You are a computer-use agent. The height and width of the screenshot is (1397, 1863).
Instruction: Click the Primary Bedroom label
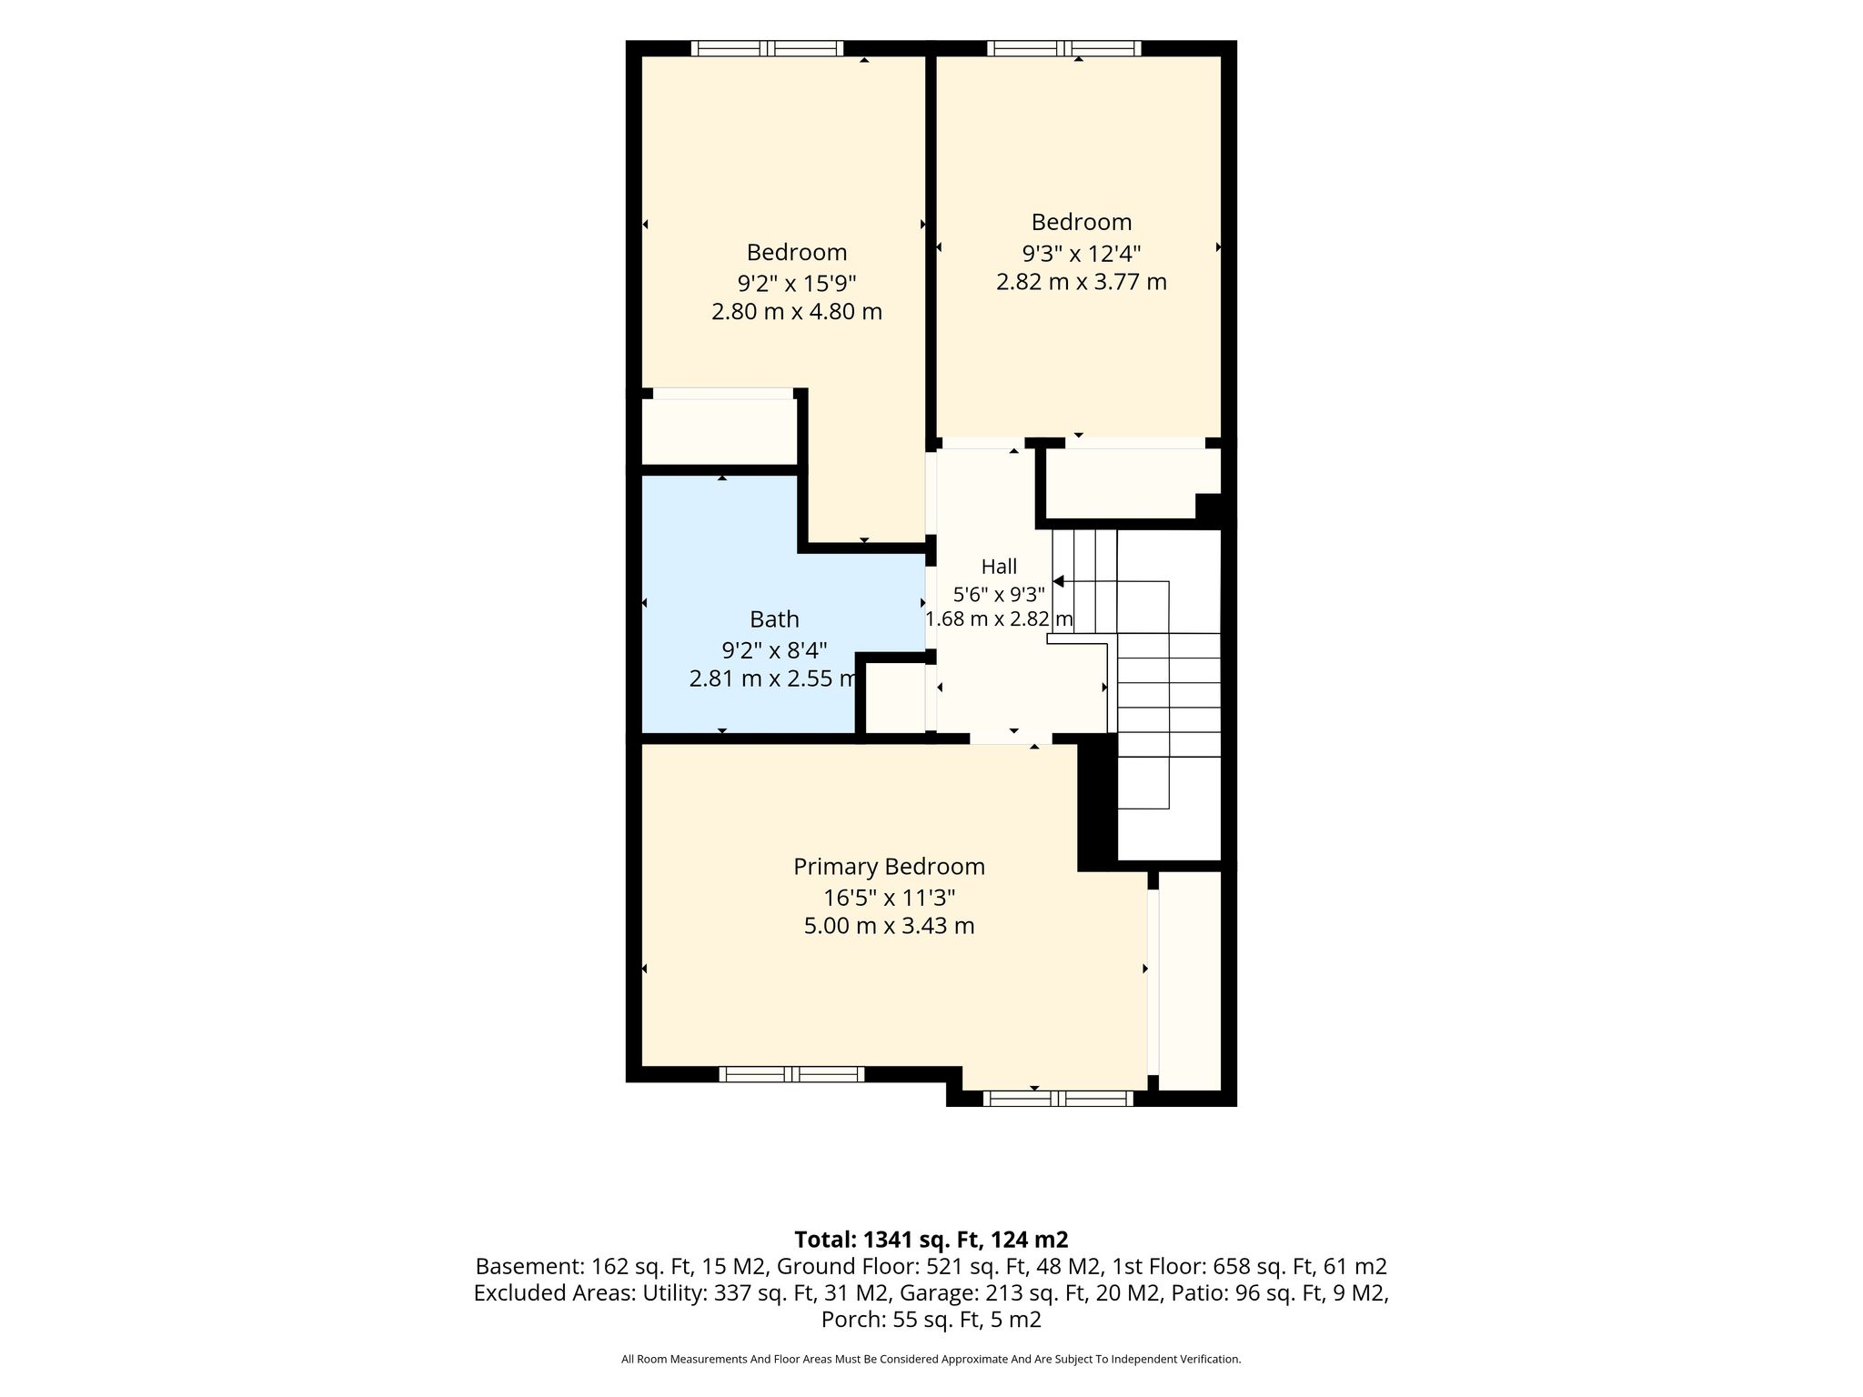click(889, 868)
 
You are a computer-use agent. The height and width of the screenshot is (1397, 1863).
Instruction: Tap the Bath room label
click(774, 619)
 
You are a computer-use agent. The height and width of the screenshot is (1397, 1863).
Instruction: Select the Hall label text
click(999, 567)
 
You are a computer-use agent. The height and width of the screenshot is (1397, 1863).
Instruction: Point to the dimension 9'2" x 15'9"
click(797, 282)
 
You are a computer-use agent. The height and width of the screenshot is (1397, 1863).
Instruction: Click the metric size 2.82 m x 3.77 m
click(1082, 282)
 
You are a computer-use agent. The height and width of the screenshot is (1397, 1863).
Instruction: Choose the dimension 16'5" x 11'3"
click(889, 899)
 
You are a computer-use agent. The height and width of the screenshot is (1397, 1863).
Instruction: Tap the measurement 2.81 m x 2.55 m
click(773, 678)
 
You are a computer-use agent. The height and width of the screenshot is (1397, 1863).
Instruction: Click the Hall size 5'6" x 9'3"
click(999, 595)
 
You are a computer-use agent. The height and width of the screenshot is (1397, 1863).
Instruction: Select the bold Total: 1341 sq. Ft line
click(931, 1240)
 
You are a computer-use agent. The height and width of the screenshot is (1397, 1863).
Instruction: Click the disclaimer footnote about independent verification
click(931, 1360)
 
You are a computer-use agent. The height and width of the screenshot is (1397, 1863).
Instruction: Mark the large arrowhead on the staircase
click(1058, 581)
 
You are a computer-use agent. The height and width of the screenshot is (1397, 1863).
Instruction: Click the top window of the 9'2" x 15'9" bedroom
click(767, 48)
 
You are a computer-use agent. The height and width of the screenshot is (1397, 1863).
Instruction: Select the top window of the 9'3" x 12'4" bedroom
click(1063, 48)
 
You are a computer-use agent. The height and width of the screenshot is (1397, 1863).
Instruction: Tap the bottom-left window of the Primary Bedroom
click(791, 1074)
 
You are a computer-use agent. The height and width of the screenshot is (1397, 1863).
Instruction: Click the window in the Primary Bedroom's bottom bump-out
click(1058, 1099)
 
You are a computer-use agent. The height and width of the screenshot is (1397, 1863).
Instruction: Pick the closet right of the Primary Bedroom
click(1189, 980)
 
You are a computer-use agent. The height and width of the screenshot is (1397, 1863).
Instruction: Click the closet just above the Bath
click(720, 432)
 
